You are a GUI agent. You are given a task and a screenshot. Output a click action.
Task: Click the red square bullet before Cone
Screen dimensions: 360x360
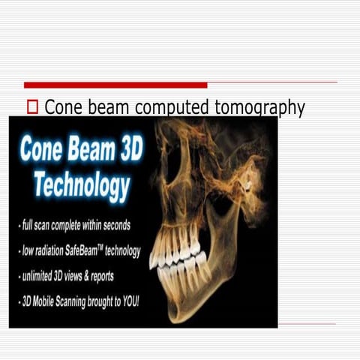[x=32, y=108]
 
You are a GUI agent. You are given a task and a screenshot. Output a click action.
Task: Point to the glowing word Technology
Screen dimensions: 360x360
[x=81, y=185]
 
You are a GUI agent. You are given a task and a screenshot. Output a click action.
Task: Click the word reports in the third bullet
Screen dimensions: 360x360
[x=100, y=277]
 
